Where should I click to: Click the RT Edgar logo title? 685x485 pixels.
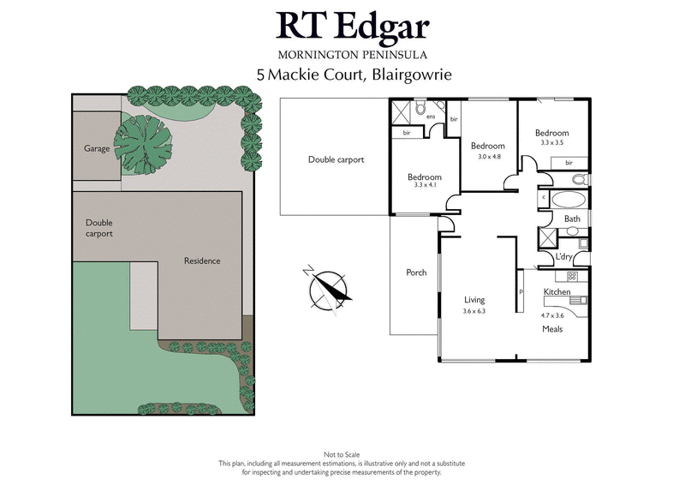pyautogui.click(x=352, y=27)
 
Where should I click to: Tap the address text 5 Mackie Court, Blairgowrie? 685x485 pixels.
pyautogui.click(x=354, y=74)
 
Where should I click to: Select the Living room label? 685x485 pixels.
pyautogui.click(x=474, y=300)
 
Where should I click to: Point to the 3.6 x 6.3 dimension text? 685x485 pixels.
pyautogui.click(x=474, y=311)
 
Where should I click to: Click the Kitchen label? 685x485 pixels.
pyautogui.click(x=557, y=293)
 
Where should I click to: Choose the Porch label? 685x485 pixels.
pyautogui.click(x=415, y=272)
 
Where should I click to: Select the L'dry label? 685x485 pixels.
pyautogui.click(x=564, y=256)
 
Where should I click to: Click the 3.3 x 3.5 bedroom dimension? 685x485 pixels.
pyautogui.click(x=552, y=143)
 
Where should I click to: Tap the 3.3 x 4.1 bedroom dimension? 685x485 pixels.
pyautogui.click(x=425, y=185)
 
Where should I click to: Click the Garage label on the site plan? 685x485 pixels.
pyautogui.click(x=96, y=148)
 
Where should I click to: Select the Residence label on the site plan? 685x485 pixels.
pyautogui.click(x=202, y=260)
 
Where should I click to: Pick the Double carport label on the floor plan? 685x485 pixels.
pyautogui.click(x=337, y=159)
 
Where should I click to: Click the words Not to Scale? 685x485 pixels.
pyautogui.click(x=342, y=455)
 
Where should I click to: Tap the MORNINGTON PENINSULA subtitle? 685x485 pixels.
pyautogui.click(x=352, y=53)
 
